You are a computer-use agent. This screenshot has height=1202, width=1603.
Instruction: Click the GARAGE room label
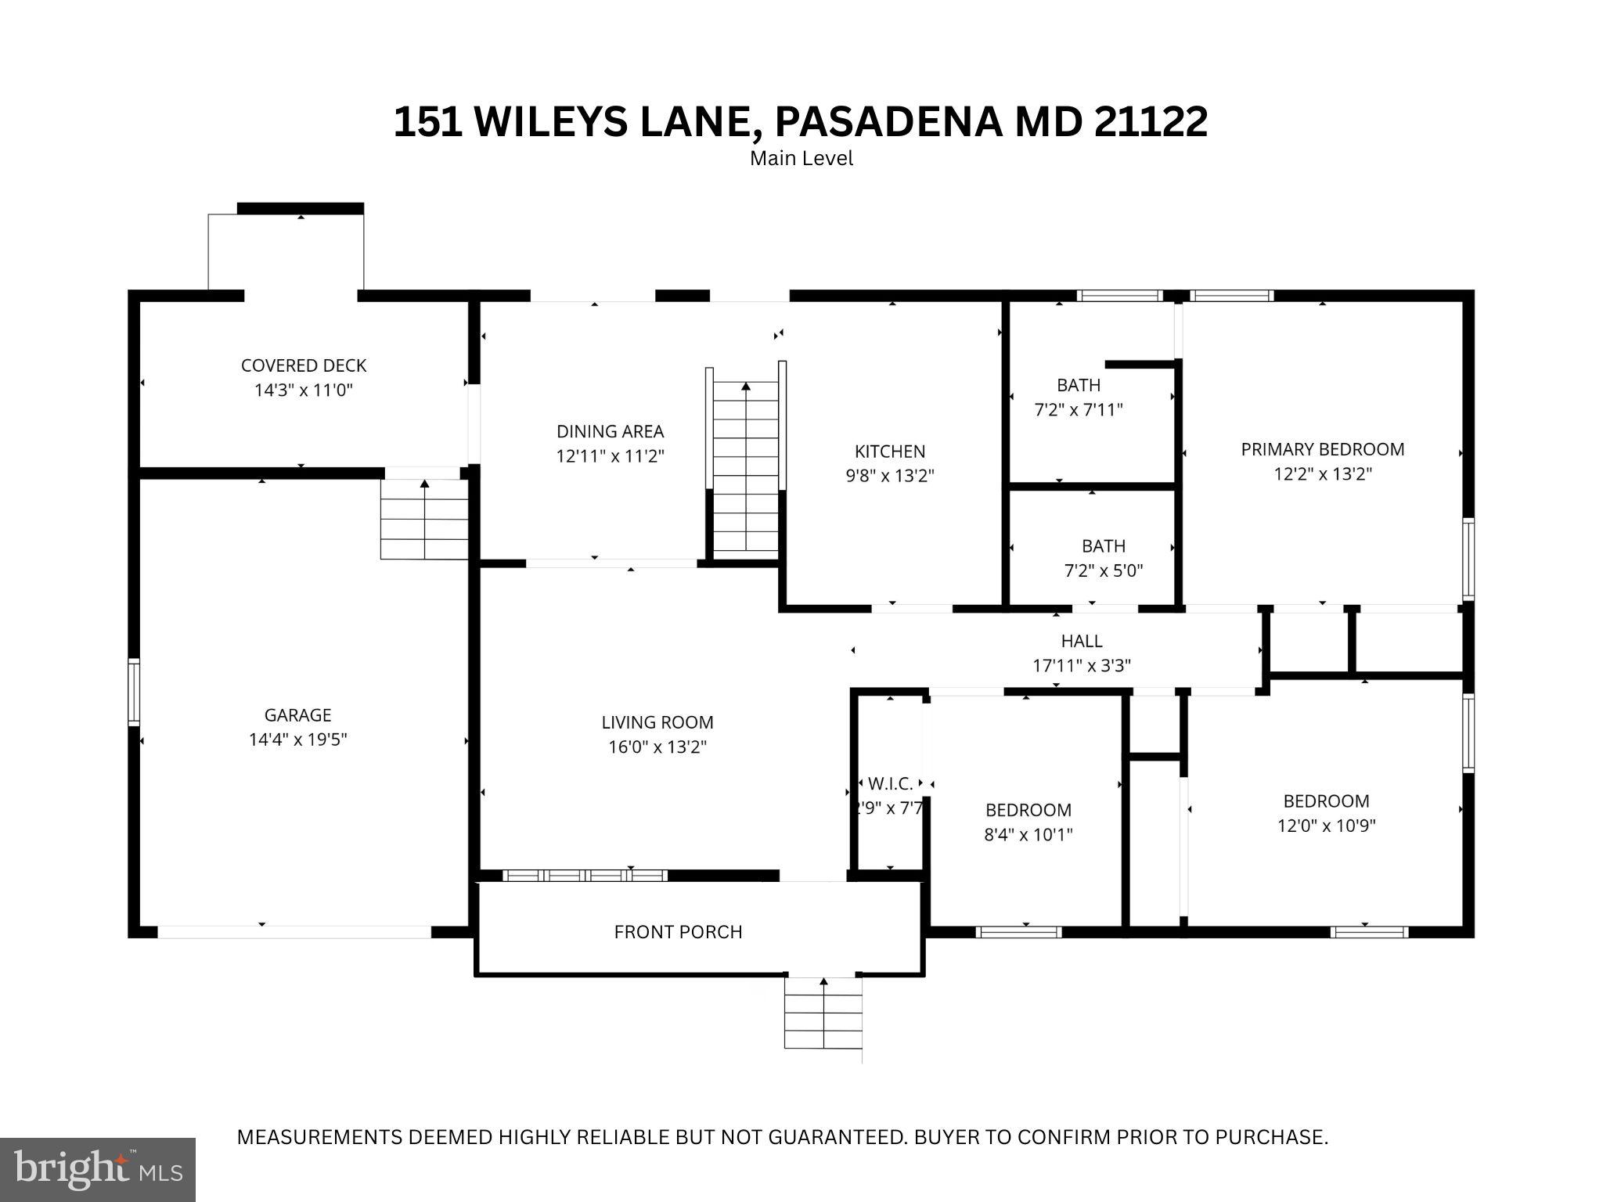[297, 714]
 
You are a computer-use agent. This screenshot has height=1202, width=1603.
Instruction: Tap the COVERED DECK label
[304, 365]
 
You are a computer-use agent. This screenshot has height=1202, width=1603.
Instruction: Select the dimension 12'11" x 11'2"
[610, 456]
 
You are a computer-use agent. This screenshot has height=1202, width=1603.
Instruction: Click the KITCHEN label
[890, 452]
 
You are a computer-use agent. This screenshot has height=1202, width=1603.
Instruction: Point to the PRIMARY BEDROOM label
[1322, 449]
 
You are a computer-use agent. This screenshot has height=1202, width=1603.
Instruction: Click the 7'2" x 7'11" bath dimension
[1079, 409]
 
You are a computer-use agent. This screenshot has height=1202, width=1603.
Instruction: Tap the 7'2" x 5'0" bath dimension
[1103, 570]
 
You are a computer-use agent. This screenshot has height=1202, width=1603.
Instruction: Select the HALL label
[1082, 641]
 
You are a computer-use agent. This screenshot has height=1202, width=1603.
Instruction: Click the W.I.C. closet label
[890, 783]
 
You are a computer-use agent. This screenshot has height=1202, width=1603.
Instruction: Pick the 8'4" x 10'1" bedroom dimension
[1028, 834]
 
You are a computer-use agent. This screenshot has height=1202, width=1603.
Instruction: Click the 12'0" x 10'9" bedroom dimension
[1326, 826]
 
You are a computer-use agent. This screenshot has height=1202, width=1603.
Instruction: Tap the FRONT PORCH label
[678, 932]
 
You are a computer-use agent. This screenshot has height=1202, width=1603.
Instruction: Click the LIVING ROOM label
[657, 722]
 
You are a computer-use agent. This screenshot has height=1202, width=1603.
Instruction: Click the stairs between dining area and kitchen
[746, 470]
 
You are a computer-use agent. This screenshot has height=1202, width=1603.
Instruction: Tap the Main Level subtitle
[801, 158]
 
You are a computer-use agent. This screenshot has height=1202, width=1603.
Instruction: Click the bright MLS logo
[98, 1169]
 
